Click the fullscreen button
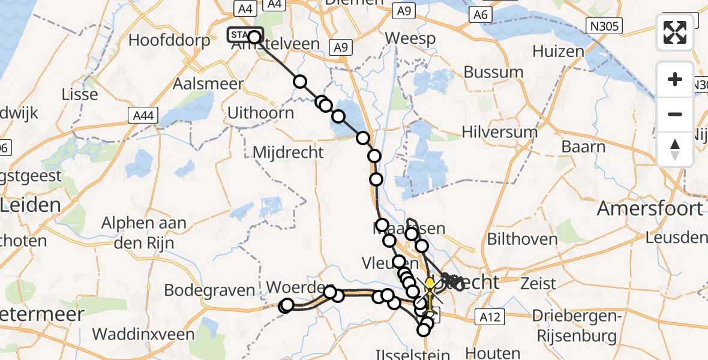click(x=675, y=32)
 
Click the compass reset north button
click(x=675, y=149)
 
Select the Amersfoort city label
click(x=650, y=209)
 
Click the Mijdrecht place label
click(x=289, y=152)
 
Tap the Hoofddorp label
click(x=170, y=41)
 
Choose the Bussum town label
click(x=494, y=73)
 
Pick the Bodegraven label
click(x=209, y=290)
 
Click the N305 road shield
click(x=605, y=25)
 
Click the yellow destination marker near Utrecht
click(x=430, y=284)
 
